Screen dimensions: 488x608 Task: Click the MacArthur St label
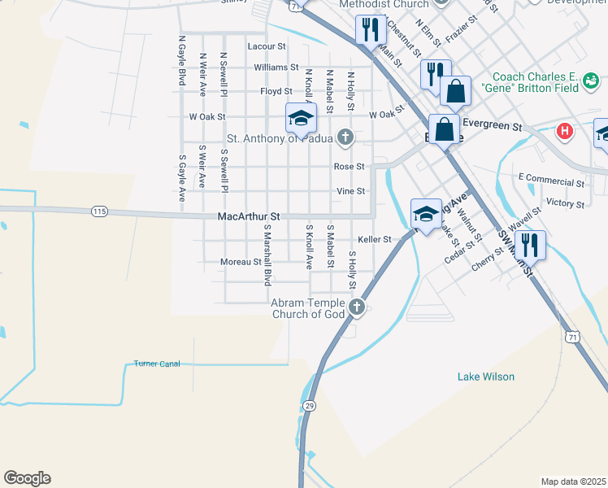pos(249,217)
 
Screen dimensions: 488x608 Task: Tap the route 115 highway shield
pos(99,211)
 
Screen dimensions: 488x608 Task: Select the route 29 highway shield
pos(309,405)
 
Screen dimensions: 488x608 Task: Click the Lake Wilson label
pos(486,377)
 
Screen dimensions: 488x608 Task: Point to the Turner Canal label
pos(157,364)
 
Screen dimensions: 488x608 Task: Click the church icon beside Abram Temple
pos(357,307)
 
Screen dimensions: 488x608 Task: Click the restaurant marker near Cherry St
pos(529,244)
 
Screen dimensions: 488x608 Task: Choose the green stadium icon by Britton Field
pos(590,80)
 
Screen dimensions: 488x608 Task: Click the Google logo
pos(27,478)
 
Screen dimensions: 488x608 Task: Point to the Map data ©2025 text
pos(574,481)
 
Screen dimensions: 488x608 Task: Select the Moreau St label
pos(241,262)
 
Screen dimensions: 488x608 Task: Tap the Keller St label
pos(375,240)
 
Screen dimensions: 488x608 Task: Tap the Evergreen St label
pos(491,126)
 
